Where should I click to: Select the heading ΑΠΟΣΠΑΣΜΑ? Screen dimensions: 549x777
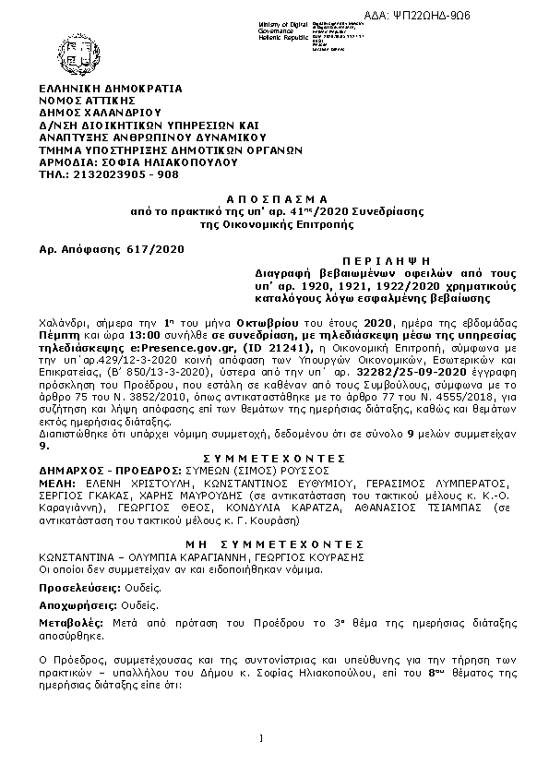click(x=277, y=198)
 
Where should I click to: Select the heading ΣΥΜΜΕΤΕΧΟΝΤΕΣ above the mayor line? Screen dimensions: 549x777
click(x=277, y=459)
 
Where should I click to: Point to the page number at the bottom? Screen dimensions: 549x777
click(x=261, y=737)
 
